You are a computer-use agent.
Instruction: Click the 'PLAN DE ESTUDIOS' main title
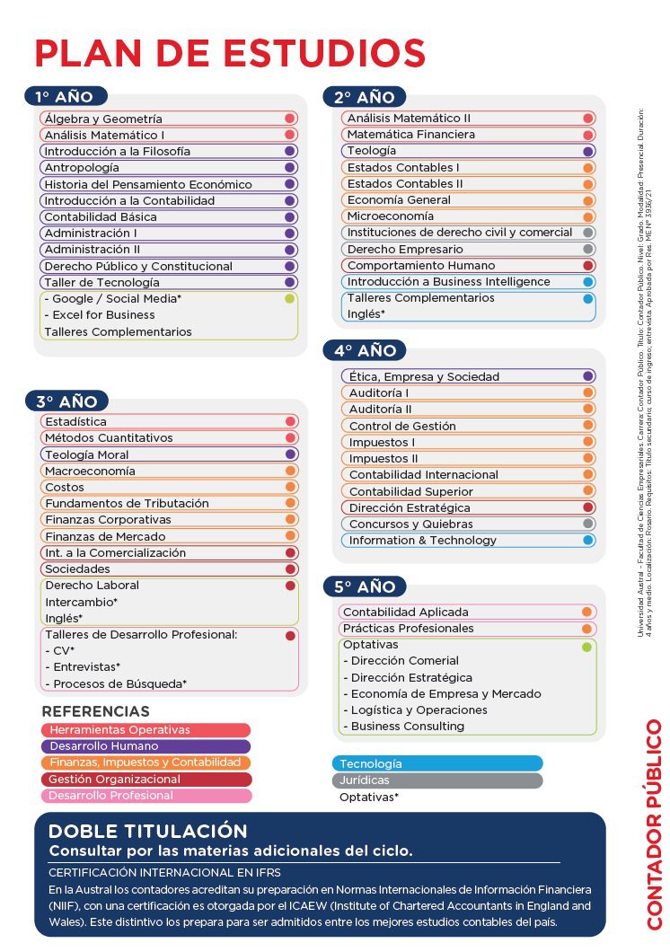(230, 53)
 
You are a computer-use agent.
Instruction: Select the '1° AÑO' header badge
(65, 96)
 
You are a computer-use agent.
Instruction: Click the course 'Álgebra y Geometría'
(103, 119)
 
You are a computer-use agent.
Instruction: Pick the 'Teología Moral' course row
(87, 454)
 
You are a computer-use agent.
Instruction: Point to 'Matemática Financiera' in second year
(411, 135)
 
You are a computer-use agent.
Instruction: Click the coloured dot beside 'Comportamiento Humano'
(588, 266)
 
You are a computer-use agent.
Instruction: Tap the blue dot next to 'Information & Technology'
(588, 540)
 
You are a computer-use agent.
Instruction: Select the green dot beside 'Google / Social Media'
(289, 299)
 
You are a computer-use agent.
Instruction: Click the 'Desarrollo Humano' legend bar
(145, 746)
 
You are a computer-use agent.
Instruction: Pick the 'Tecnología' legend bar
(437, 763)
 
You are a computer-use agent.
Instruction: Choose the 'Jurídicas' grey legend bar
(437, 780)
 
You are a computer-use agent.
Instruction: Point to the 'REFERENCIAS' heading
(95, 712)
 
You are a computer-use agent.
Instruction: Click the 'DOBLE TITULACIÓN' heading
(147, 831)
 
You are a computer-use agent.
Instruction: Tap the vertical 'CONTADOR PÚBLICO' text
(653, 824)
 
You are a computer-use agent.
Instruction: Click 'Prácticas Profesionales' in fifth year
(408, 628)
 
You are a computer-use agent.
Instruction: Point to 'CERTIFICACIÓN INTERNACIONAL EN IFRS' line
(164, 872)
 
